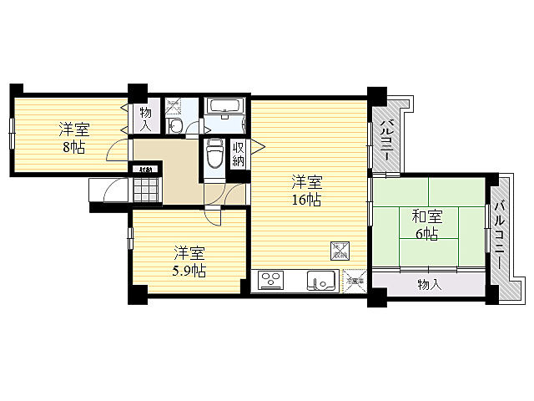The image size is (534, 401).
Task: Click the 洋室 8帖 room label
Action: [x=73, y=138]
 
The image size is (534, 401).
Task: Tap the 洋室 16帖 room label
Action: [x=306, y=190]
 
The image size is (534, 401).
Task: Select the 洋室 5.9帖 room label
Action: [x=189, y=261]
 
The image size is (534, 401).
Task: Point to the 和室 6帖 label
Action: [x=426, y=225]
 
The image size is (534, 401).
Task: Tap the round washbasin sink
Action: [x=175, y=126]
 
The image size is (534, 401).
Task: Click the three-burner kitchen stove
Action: [x=270, y=281]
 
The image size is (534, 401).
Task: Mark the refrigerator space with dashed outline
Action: [x=354, y=280]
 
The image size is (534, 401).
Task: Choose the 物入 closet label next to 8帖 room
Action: [x=145, y=119]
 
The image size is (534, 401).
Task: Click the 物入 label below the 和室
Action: [x=429, y=285]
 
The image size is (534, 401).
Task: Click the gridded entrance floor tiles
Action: [x=145, y=190]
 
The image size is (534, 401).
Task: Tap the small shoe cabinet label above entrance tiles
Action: [x=145, y=171]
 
